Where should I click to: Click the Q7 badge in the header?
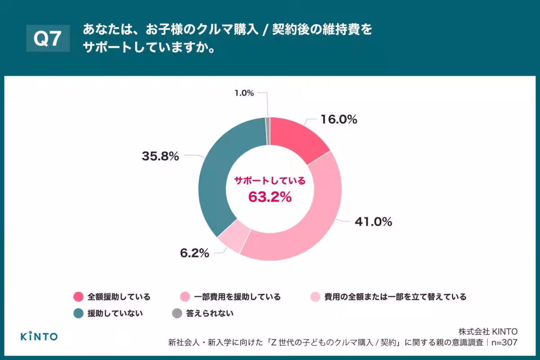[x=48, y=39]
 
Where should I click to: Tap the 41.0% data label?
[x=373, y=222]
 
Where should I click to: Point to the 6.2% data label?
[x=194, y=253]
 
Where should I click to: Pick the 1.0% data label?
[x=244, y=93]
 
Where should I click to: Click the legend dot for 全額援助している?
[x=78, y=297]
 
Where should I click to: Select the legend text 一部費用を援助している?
[x=237, y=297]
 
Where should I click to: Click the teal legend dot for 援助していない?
[x=78, y=313]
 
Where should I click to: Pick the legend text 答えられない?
[x=210, y=313]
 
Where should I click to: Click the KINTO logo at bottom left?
[x=39, y=336]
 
